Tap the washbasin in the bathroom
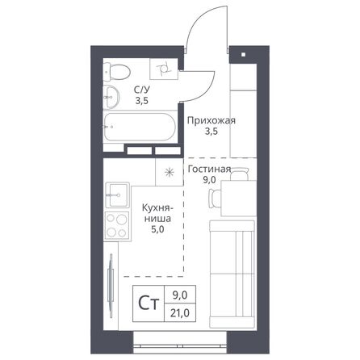pyautogui.click(x=112, y=97)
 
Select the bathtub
pyautogui.click(x=137, y=128)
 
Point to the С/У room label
pyautogui.click(x=142, y=90)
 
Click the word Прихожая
pyautogui.click(x=211, y=121)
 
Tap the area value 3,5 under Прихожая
pyautogui.click(x=211, y=134)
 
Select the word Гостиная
pyautogui.click(x=209, y=170)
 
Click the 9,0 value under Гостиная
pyautogui.click(x=209, y=181)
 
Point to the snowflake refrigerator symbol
pyautogui.click(x=170, y=172)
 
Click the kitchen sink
pyautogui.click(x=117, y=194)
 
